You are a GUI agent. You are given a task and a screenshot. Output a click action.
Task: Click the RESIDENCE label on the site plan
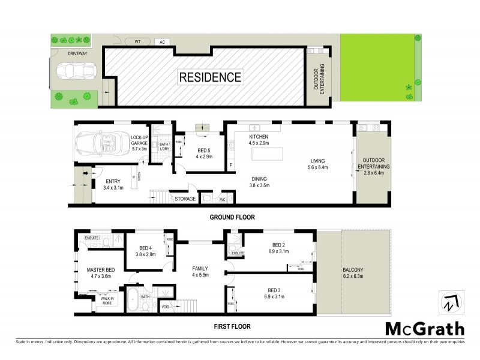[x=210, y=77]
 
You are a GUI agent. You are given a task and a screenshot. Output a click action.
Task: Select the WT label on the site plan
[x=137, y=42]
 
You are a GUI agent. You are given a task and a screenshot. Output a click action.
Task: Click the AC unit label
[x=161, y=43]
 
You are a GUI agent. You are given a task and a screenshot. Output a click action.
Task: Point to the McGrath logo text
[x=424, y=329]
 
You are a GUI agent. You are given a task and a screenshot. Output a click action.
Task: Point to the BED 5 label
[x=203, y=150]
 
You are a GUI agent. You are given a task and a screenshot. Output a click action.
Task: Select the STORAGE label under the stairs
[x=185, y=199]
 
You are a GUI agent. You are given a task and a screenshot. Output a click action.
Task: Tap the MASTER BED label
[x=101, y=270]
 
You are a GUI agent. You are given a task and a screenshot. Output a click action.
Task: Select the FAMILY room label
[x=200, y=268]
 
